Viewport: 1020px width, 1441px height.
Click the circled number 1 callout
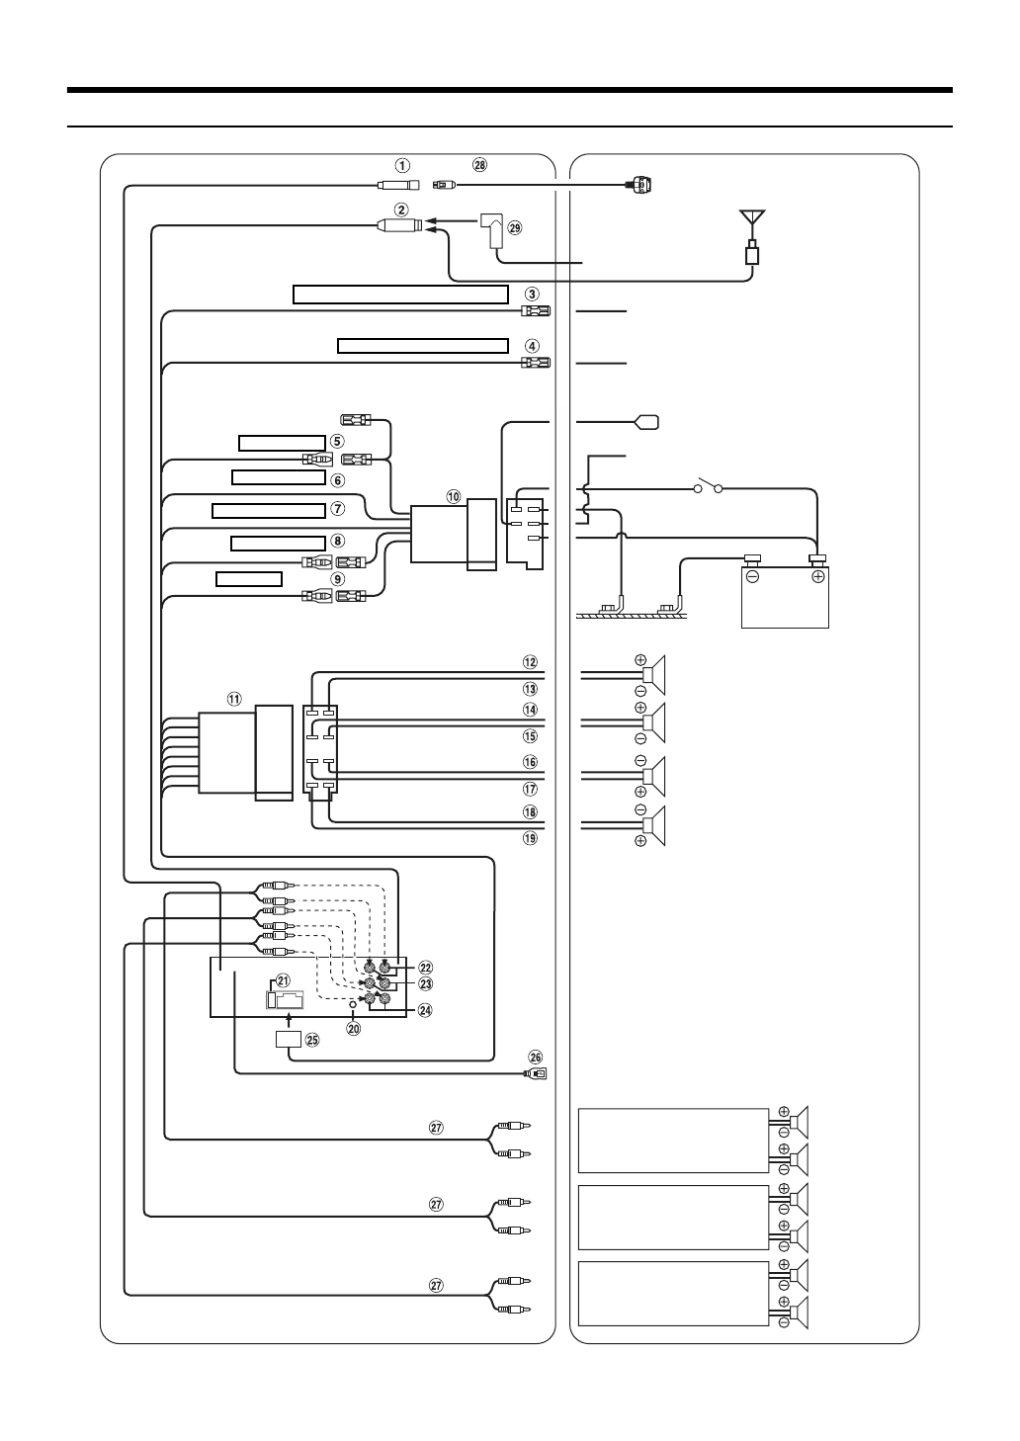402,165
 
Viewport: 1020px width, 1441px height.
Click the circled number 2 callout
402,210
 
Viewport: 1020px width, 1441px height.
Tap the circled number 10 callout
454,496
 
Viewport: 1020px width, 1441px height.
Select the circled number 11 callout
234,698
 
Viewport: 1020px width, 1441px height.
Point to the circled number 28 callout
479,165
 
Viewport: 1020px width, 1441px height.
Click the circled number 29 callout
514,227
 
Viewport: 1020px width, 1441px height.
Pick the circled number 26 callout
537,1057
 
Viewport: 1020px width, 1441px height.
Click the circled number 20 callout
353,1027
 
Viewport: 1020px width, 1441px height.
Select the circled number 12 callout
530,661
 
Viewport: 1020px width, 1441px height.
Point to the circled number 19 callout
530,837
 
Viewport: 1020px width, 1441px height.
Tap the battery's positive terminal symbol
817,577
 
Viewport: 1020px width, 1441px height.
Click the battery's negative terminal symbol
753,577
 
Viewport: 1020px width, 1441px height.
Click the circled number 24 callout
425,1010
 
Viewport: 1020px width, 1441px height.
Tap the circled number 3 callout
532,294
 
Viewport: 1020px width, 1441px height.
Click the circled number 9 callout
337,579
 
